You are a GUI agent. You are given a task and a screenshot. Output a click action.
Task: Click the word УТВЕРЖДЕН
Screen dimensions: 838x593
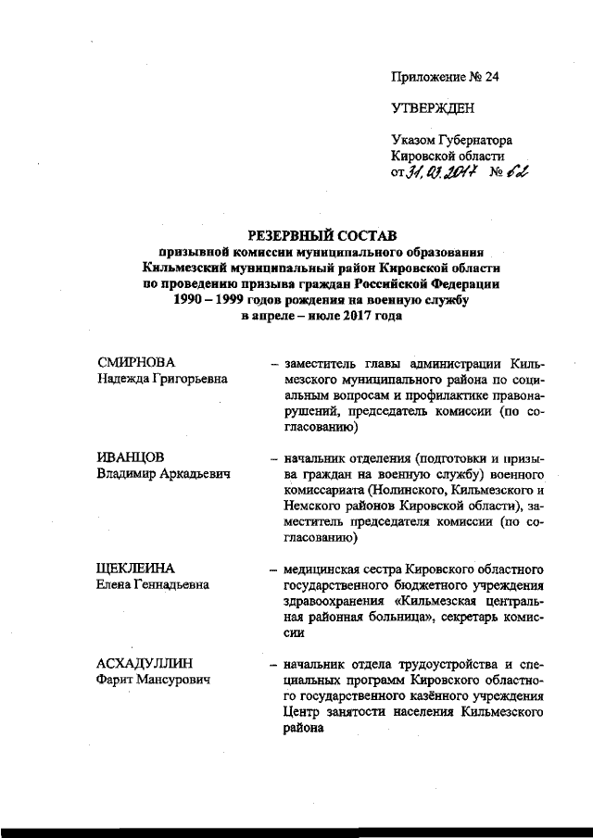tap(433, 108)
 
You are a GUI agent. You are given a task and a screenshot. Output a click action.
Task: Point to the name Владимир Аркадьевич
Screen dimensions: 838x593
tap(164, 474)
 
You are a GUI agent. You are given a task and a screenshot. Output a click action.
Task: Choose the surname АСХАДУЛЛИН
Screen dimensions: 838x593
tap(147, 663)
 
